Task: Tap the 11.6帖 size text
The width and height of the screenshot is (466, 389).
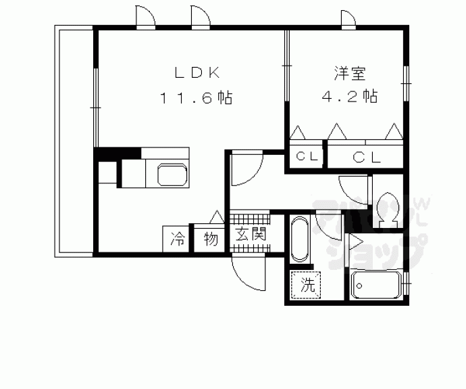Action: coord(196,98)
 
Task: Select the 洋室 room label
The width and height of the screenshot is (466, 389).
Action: coord(348,72)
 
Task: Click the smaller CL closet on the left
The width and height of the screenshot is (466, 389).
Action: coord(307,157)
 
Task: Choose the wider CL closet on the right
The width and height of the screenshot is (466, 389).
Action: coord(366,157)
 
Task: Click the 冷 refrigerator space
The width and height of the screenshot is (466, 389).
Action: coord(178,239)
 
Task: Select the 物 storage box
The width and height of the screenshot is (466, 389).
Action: coord(210,239)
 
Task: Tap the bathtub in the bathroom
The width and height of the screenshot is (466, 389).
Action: coord(376,288)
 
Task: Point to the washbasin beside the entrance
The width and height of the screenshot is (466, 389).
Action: coord(299,239)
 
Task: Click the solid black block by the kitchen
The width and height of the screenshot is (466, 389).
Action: coord(116,154)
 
